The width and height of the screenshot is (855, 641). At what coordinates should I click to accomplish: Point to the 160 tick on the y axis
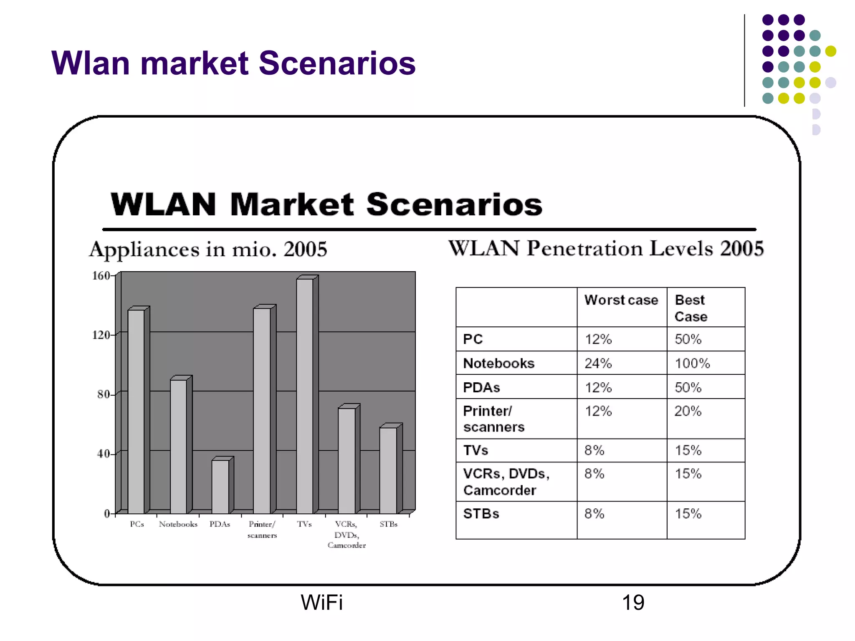pyautogui.click(x=101, y=276)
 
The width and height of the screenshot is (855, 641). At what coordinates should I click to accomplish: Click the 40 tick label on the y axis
pyautogui.click(x=103, y=454)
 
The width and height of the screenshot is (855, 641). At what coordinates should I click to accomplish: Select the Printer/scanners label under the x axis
pyautogui.click(x=262, y=530)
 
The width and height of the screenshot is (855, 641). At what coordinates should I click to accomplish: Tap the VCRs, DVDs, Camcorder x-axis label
pyautogui.click(x=347, y=535)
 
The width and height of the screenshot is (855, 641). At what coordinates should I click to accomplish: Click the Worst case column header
pyautogui.click(x=621, y=300)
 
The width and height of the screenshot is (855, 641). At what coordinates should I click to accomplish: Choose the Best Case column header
pyautogui.click(x=691, y=308)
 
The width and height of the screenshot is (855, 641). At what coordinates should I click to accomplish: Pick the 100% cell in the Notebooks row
pyautogui.click(x=692, y=363)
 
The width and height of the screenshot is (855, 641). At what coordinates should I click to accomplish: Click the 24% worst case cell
pyautogui.click(x=598, y=363)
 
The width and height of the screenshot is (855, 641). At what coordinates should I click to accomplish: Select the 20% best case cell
pyautogui.click(x=688, y=411)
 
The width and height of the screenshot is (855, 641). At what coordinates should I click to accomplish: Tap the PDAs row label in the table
pyautogui.click(x=481, y=388)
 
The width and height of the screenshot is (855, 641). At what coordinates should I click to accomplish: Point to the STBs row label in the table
pyautogui.click(x=481, y=514)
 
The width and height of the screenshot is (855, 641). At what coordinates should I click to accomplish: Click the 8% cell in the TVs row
pyautogui.click(x=594, y=451)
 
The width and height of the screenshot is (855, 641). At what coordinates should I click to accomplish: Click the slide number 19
pyautogui.click(x=633, y=603)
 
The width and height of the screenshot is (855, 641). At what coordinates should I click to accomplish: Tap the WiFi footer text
pyautogui.click(x=321, y=603)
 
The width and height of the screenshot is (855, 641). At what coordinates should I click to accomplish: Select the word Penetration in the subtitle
pyautogui.click(x=584, y=248)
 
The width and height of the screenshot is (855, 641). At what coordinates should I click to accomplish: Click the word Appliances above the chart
pyautogui.click(x=144, y=250)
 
